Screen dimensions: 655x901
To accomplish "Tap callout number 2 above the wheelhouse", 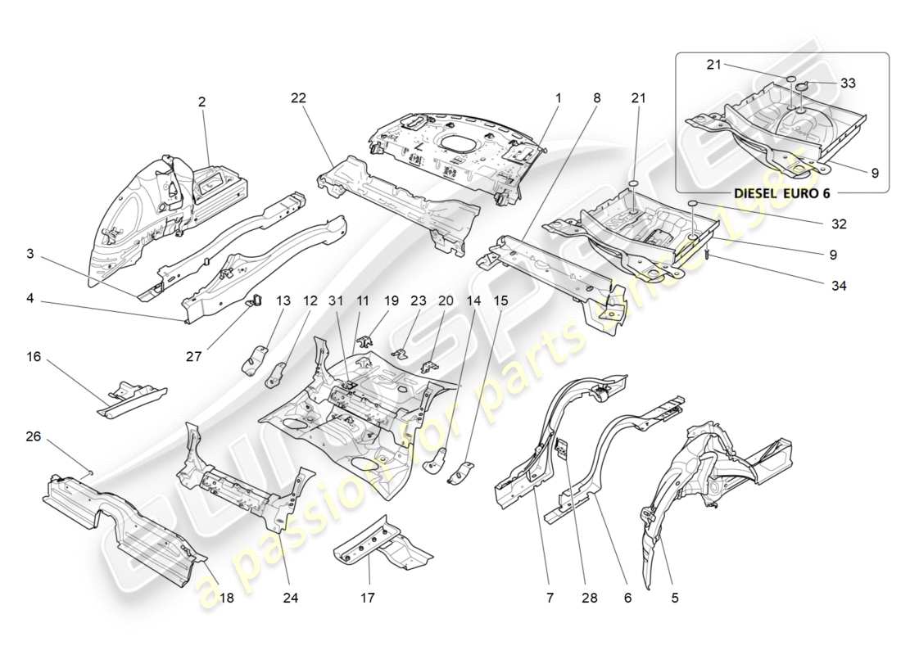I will click(x=201, y=102).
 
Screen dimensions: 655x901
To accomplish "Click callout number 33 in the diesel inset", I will click(x=848, y=83).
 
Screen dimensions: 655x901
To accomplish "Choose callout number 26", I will click(x=34, y=436).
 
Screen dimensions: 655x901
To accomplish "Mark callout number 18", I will click(x=226, y=599).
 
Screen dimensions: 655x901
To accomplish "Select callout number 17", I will click(x=367, y=599).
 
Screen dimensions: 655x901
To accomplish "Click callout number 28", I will click(x=586, y=599).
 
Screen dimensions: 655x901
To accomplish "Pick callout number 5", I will click(x=675, y=599).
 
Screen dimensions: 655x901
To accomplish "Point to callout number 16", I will click(x=34, y=357).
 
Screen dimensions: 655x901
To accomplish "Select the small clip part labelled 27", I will click(x=255, y=300).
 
